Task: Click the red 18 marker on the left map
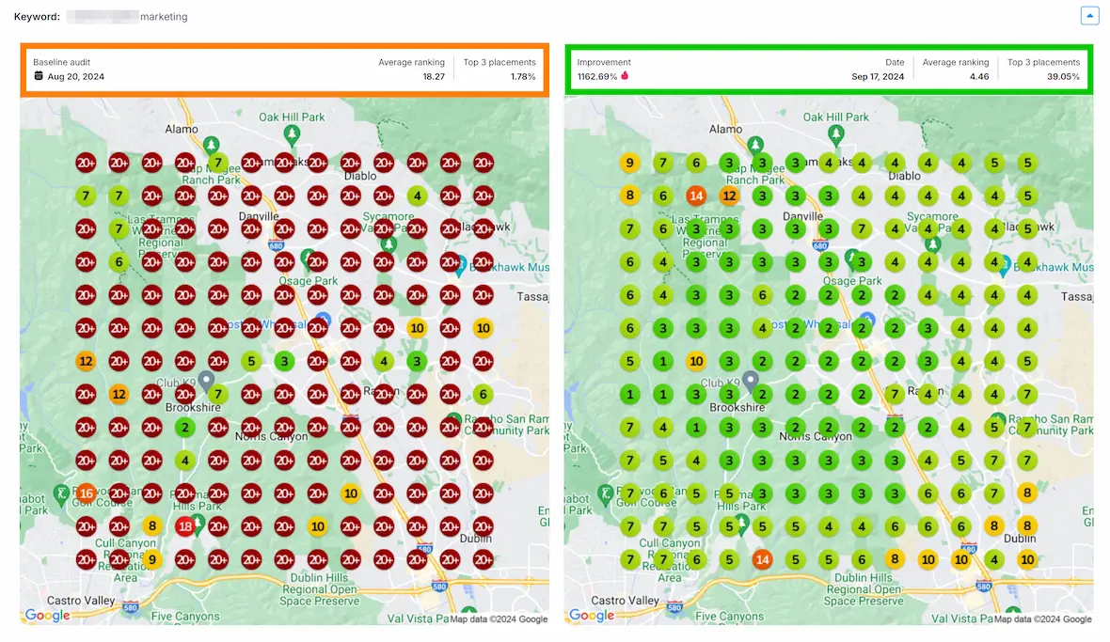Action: [185, 527]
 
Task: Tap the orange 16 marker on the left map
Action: [86, 493]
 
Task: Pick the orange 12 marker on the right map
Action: [729, 196]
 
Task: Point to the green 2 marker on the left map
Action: [185, 428]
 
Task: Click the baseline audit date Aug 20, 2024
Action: [75, 76]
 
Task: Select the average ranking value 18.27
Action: [434, 76]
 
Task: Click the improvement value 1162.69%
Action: [596, 76]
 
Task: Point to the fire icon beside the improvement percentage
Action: [624, 76]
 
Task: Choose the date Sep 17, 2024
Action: [878, 76]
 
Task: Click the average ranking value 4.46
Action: [978, 76]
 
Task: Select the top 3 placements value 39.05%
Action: [1063, 76]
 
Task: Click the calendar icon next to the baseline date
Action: [39, 76]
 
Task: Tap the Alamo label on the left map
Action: [181, 129]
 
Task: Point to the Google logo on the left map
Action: [47, 616]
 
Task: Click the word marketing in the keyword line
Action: [163, 17]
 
